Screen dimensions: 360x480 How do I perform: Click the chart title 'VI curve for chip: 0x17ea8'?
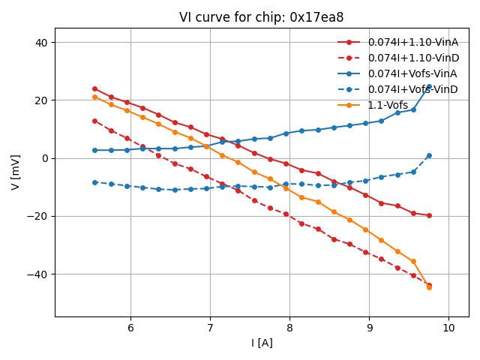(x=261, y=17)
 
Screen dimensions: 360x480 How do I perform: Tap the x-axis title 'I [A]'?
(x=261, y=343)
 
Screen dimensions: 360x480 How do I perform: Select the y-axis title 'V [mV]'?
(x=16, y=172)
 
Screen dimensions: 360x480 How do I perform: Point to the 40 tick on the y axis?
(x=41, y=43)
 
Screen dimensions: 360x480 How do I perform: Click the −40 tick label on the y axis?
(x=37, y=274)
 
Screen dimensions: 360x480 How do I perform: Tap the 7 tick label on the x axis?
(x=210, y=327)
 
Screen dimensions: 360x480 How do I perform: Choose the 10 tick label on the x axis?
(x=448, y=327)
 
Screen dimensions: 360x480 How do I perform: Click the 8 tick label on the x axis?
(x=289, y=327)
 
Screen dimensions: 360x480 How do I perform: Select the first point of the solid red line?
(x=94, y=88)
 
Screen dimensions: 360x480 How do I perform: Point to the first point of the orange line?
(x=94, y=97)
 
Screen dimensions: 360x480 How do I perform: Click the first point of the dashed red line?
(x=94, y=121)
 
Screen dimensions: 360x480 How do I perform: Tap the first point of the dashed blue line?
(x=94, y=182)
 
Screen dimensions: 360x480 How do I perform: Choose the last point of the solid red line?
(x=429, y=215)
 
